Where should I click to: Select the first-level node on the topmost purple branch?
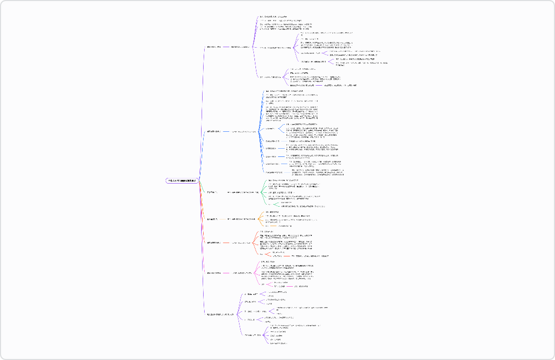click(x=213, y=47)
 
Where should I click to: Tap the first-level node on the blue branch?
click(x=213, y=132)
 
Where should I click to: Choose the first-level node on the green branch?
click(x=212, y=192)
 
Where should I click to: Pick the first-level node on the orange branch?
click(x=212, y=219)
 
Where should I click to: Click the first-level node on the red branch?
click(x=213, y=243)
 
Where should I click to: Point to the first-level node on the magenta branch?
click(x=213, y=273)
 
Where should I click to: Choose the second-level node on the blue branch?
click(x=244, y=132)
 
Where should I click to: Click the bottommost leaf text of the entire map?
click(x=279, y=343)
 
